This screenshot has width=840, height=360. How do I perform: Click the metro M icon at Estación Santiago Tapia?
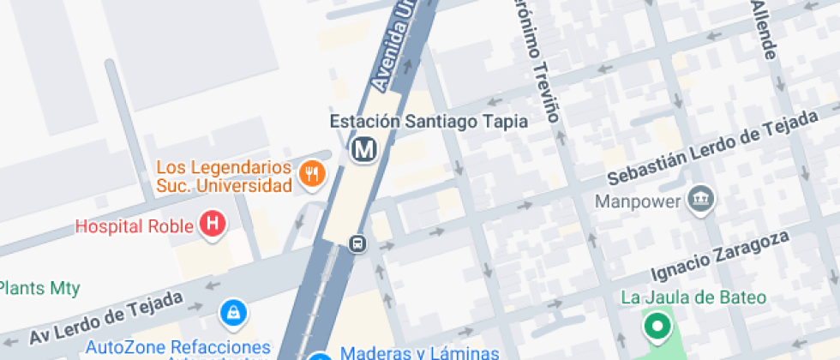click(365, 149)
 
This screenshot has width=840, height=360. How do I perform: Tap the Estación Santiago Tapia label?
click(429, 121)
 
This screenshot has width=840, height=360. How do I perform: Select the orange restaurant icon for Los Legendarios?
click(311, 175)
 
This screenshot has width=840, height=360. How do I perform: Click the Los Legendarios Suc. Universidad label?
click(224, 176)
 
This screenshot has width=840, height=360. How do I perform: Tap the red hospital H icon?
click(212, 225)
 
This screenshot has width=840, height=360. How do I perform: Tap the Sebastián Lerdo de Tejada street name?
click(711, 150)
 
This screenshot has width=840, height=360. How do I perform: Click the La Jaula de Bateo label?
click(693, 297)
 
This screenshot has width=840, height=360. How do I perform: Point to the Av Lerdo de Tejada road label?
click(106, 319)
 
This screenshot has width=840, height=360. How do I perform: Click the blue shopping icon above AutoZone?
click(231, 313)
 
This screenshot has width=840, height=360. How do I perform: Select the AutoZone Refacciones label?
click(178, 348)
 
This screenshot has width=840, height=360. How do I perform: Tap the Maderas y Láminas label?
click(419, 352)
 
